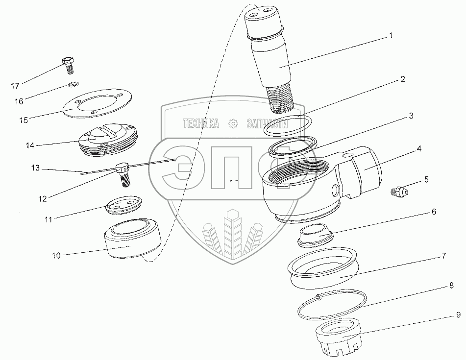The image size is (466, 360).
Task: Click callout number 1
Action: coord(391,36)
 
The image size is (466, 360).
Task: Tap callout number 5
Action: coord(426,179)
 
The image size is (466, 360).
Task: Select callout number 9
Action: coord(458,314)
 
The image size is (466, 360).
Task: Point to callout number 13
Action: coord(35,168)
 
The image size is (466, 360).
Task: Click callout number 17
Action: coord(15,86)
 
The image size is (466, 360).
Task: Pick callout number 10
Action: coord(56,256)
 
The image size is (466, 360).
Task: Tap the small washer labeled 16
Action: coord(72,85)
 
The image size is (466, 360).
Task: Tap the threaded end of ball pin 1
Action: coord(281,100)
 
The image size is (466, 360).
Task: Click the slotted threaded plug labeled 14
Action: coord(108,139)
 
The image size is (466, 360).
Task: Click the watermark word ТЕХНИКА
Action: coord(201,123)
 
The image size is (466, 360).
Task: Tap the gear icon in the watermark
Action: coord(233,123)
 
